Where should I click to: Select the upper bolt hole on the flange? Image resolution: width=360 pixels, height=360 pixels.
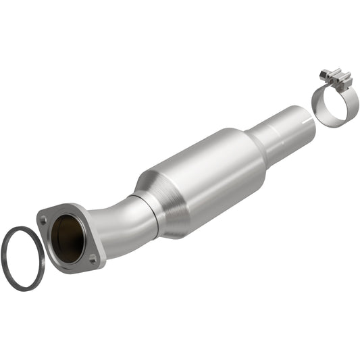tap(43, 219)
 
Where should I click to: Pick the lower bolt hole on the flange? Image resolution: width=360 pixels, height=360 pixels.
tap(93, 257)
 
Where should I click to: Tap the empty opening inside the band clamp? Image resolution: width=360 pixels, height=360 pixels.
tap(332, 108)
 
